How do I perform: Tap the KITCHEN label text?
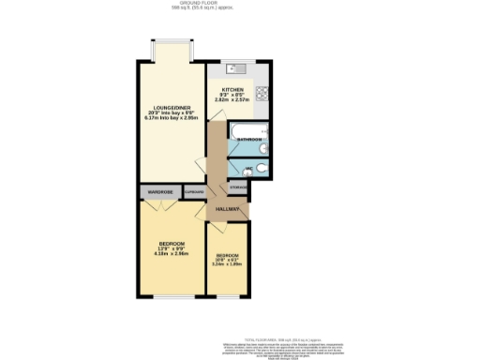tap(232, 90)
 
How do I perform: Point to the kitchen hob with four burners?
tap(262, 94)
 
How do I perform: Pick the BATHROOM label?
tap(248, 139)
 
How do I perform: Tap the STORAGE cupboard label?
tap(238, 188)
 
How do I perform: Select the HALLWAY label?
tap(228, 208)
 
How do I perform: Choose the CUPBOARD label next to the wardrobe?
tap(194, 193)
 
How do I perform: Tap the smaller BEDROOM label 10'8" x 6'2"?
tap(228, 255)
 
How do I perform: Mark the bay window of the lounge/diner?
tap(172, 42)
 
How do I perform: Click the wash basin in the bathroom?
tap(264, 148)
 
